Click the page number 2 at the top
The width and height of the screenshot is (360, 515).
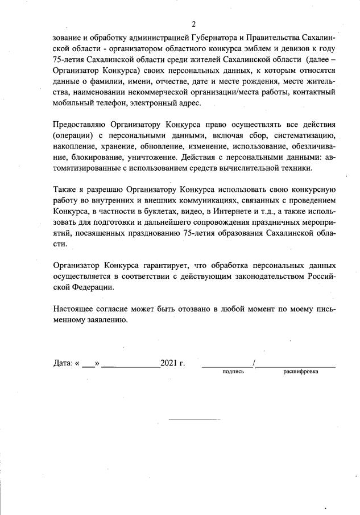193,24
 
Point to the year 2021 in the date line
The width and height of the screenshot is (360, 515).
169,362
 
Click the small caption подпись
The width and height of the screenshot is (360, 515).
233,372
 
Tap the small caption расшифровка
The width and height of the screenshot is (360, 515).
301,372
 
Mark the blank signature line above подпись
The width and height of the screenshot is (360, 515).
227,364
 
